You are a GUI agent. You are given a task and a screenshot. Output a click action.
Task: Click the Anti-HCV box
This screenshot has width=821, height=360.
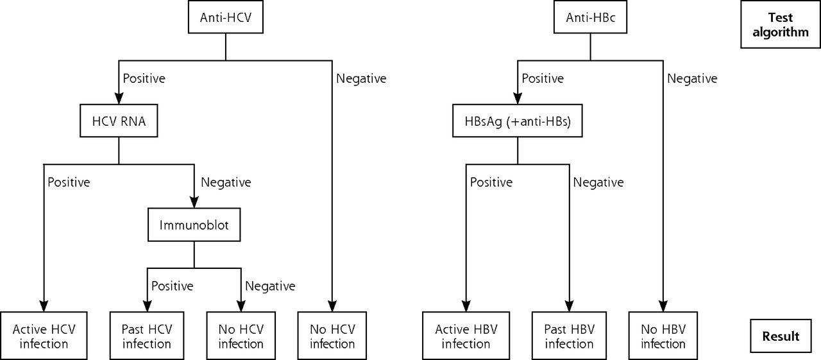tap(225, 17)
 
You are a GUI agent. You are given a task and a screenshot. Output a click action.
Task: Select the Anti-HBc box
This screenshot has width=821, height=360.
tap(590, 17)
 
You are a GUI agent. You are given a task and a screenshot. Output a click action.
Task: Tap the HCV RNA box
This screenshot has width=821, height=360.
tap(119, 121)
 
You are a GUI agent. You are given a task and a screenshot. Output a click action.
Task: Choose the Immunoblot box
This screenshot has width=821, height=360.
tap(194, 225)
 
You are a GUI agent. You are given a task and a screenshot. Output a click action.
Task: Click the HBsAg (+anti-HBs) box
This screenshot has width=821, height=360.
tap(517, 121)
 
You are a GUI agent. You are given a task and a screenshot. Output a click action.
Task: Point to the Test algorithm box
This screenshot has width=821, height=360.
tap(781, 24)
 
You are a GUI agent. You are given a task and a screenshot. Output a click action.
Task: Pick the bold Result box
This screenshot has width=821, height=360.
tap(781, 336)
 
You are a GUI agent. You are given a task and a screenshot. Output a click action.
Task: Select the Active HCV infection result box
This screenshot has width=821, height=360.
tap(44, 336)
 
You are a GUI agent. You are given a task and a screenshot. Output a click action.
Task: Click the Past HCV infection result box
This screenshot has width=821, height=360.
tap(147, 336)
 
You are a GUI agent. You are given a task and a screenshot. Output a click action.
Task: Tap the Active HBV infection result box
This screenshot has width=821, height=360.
tap(466, 336)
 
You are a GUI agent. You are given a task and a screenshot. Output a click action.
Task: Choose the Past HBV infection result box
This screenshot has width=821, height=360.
tap(569, 336)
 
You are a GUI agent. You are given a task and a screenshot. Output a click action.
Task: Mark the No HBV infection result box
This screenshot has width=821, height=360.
tap(663, 336)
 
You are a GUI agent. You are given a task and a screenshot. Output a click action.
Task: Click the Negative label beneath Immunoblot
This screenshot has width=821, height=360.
tap(270, 286)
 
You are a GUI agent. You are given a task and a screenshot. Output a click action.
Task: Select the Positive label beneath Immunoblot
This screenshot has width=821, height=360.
tap(173, 286)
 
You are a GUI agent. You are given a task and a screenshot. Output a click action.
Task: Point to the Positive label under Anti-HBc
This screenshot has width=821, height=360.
tap(543, 78)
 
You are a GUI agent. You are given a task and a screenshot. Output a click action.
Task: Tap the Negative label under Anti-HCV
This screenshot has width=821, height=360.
tap(361, 78)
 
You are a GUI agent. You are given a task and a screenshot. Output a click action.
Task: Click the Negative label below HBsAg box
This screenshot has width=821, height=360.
tap(598, 182)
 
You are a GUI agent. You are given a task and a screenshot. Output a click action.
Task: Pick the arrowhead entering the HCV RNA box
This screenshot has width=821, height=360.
tap(119, 99)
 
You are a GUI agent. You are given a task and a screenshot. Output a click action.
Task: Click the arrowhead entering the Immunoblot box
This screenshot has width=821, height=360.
tap(194, 202)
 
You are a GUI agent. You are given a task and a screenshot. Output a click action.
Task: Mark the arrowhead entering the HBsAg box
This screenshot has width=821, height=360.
tap(517, 99)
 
